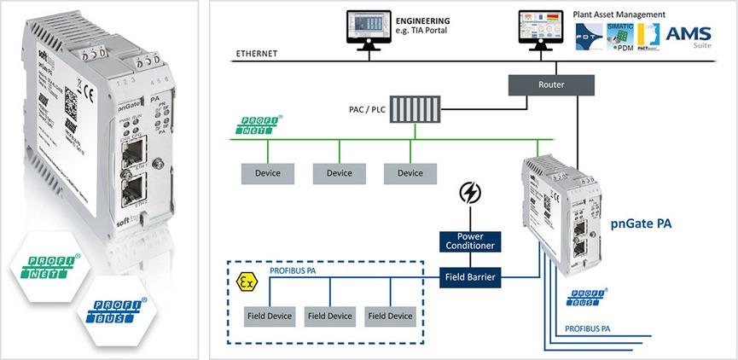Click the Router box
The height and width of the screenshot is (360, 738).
click(x=549, y=85)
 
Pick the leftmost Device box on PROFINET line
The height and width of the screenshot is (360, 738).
click(x=267, y=173)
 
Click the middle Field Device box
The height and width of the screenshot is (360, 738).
click(x=329, y=316)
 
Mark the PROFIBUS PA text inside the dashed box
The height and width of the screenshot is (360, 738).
click(x=295, y=271)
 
